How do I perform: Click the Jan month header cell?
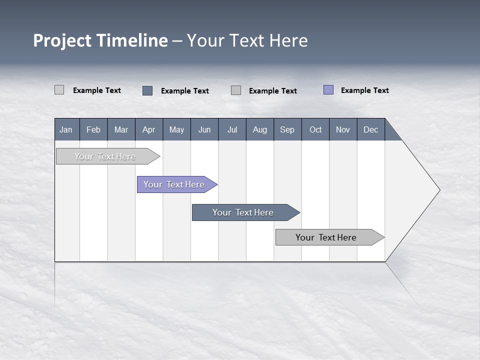point(66,129)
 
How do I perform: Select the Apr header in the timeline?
point(149,129)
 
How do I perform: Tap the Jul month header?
point(232,129)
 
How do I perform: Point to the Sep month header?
point(287,129)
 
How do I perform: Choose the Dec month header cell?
point(370,129)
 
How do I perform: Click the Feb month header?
point(93,129)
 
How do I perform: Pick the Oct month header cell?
point(315,129)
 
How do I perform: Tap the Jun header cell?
point(204,129)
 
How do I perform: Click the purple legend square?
point(328,90)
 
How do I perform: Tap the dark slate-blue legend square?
point(147,90)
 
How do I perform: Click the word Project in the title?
point(62,40)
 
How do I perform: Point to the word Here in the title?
point(288,40)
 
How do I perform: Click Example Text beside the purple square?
point(364,90)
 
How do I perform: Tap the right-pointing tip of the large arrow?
point(438,190)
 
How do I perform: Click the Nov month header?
point(343,129)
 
